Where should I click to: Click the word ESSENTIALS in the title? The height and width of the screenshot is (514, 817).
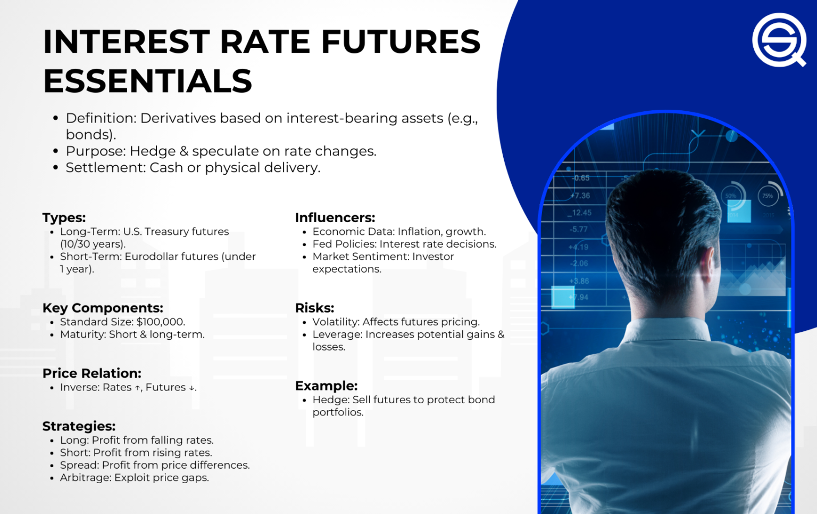coord(147,81)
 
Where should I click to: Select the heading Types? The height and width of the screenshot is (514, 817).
coord(64,218)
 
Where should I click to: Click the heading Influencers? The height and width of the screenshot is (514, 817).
coord(335,218)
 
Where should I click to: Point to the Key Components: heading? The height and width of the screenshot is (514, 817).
coord(103,308)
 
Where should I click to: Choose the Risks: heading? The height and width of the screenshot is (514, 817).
coord(314,308)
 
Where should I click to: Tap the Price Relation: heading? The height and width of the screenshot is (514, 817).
coord(92,373)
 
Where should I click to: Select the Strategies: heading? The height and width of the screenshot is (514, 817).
coord(79,426)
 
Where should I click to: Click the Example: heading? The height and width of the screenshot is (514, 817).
coord(326,386)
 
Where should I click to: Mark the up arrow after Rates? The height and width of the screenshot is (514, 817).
coord(137,388)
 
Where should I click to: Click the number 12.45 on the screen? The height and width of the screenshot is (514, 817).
coord(581,213)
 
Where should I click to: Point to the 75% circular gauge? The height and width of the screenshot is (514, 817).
coord(768,195)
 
